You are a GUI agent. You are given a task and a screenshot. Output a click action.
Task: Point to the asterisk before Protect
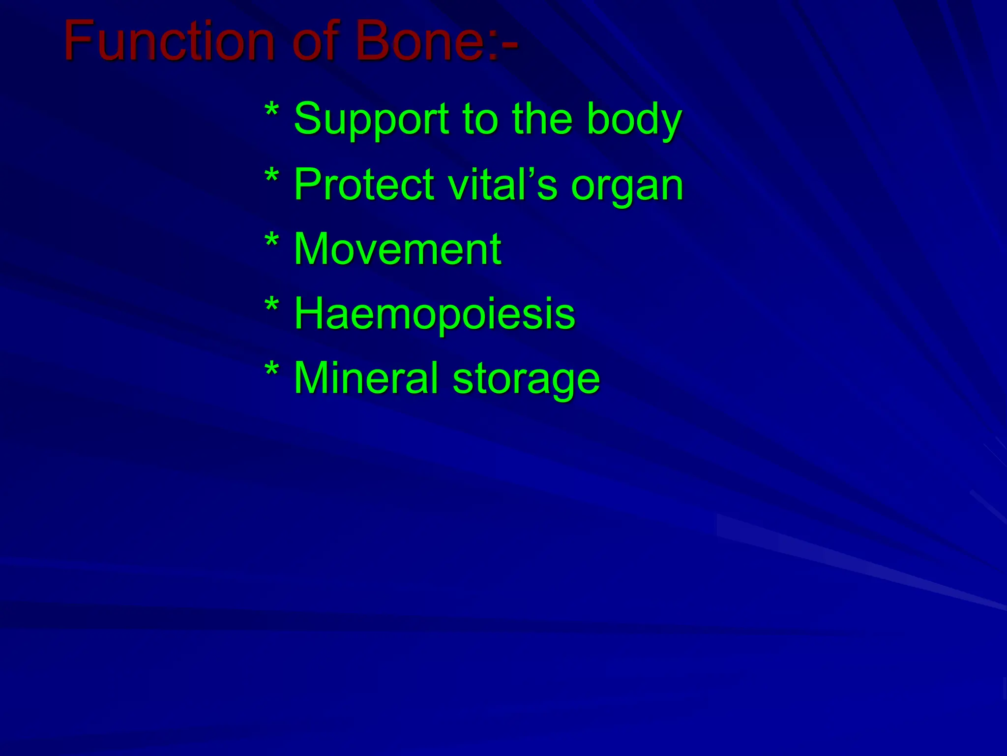click(271, 176)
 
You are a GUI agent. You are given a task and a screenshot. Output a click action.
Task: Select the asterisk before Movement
click(271, 241)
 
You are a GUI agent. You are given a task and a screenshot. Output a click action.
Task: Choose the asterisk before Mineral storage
click(271, 370)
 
